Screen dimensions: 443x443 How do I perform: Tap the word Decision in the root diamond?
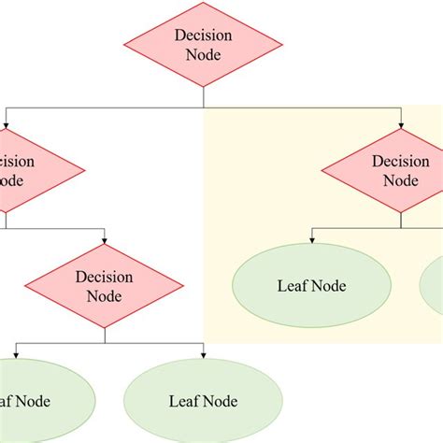(203, 36)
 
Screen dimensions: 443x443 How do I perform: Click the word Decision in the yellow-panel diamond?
(401, 161)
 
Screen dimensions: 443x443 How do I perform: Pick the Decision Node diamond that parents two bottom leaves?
(105, 287)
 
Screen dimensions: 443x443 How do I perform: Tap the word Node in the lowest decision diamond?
(105, 297)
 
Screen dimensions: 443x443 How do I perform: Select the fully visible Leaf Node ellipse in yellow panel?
(311, 286)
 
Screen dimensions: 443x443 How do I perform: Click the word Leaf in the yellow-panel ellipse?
(291, 286)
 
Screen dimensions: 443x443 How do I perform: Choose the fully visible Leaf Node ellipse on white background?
(203, 402)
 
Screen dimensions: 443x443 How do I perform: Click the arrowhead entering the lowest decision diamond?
(105, 243)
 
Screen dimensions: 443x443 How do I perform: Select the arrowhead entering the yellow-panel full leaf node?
(311, 241)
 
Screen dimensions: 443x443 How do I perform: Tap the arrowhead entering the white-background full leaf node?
(203, 357)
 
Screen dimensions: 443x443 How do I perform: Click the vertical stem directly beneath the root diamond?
(203, 98)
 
